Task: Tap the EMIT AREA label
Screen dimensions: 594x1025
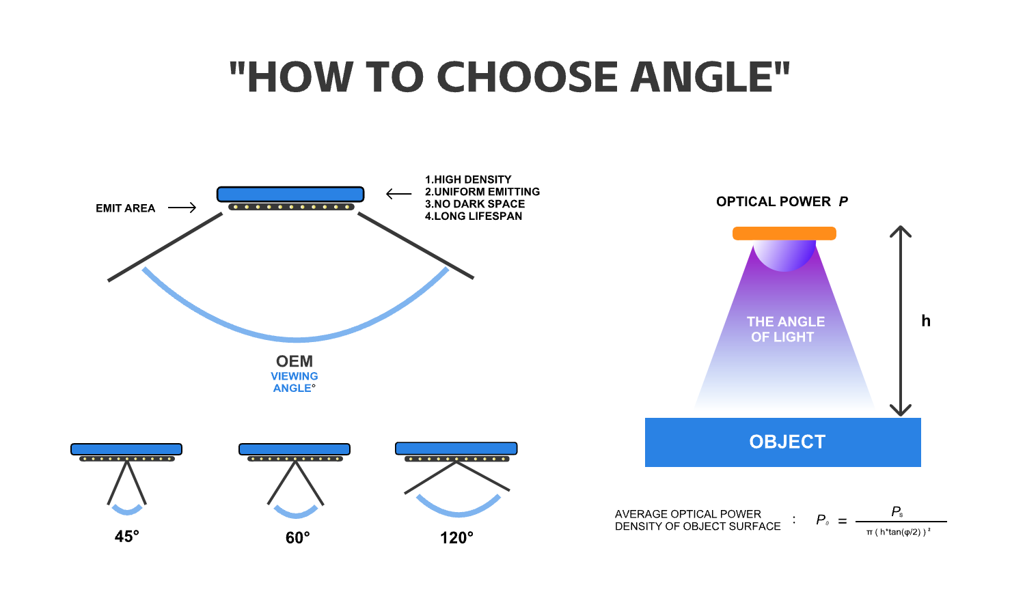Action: click(x=125, y=208)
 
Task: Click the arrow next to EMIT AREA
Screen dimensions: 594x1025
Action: click(x=182, y=208)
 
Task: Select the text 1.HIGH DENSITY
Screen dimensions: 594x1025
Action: click(x=468, y=180)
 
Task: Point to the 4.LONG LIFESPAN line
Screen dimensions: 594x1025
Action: click(x=474, y=216)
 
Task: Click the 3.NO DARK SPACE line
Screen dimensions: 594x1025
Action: click(x=475, y=204)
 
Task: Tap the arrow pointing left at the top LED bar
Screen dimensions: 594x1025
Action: click(x=398, y=194)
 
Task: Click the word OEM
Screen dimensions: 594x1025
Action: click(x=295, y=361)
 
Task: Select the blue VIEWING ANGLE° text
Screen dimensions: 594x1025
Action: click(x=295, y=382)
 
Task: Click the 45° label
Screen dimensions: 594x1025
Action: click(x=127, y=537)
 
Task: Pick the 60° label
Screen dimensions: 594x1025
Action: click(x=298, y=538)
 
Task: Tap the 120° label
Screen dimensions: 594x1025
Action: click(x=456, y=538)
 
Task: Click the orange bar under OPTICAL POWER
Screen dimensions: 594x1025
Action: click(x=784, y=234)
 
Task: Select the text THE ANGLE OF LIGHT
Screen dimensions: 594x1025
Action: click(x=785, y=329)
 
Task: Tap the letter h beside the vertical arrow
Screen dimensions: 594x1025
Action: click(x=926, y=321)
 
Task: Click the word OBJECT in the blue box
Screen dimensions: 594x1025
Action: click(x=787, y=442)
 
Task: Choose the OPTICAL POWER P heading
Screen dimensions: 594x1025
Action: click(x=782, y=201)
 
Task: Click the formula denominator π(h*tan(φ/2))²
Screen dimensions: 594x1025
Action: click(x=899, y=533)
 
